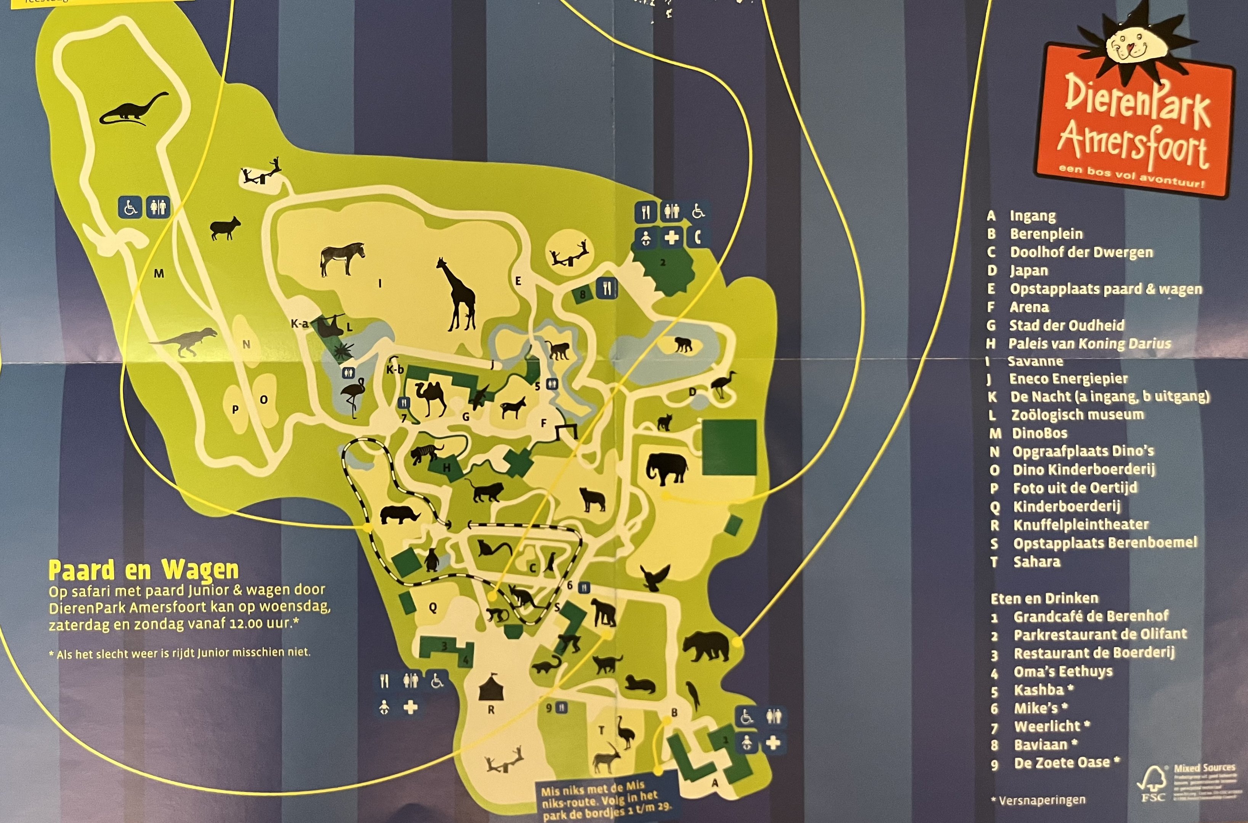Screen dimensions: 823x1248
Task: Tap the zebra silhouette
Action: point(342,258)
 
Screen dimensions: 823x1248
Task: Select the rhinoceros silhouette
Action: point(399,514)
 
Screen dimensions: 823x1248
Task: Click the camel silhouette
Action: point(430,397)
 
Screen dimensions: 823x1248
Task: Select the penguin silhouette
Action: point(431,559)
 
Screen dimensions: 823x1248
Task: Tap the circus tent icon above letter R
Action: point(491,687)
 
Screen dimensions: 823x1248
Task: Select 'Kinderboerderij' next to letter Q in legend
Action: point(1066,506)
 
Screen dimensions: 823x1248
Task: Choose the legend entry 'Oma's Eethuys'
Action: point(1063,672)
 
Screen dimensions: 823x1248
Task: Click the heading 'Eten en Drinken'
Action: point(1045,598)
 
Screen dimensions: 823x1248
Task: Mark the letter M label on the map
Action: point(159,274)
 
